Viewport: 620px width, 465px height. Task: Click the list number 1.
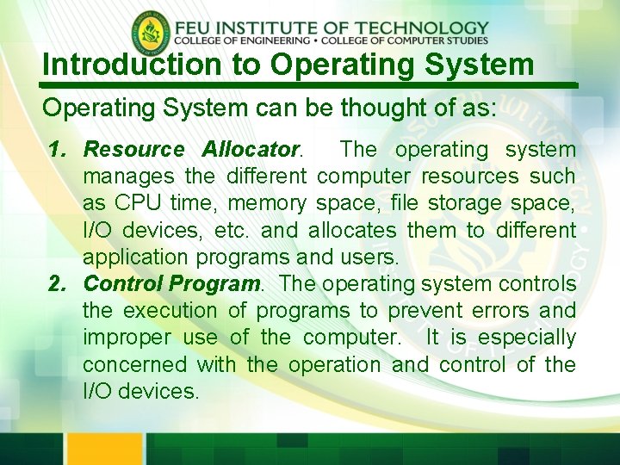[x=57, y=150]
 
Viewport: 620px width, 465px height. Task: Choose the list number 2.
[x=57, y=283]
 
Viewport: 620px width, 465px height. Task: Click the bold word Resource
[x=133, y=150]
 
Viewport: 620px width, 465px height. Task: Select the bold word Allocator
[x=251, y=150]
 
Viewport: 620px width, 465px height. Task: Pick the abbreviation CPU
[x=136, y=203]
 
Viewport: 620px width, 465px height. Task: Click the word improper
[x=126, y=337]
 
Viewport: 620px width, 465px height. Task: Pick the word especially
[x=527, y=338]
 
